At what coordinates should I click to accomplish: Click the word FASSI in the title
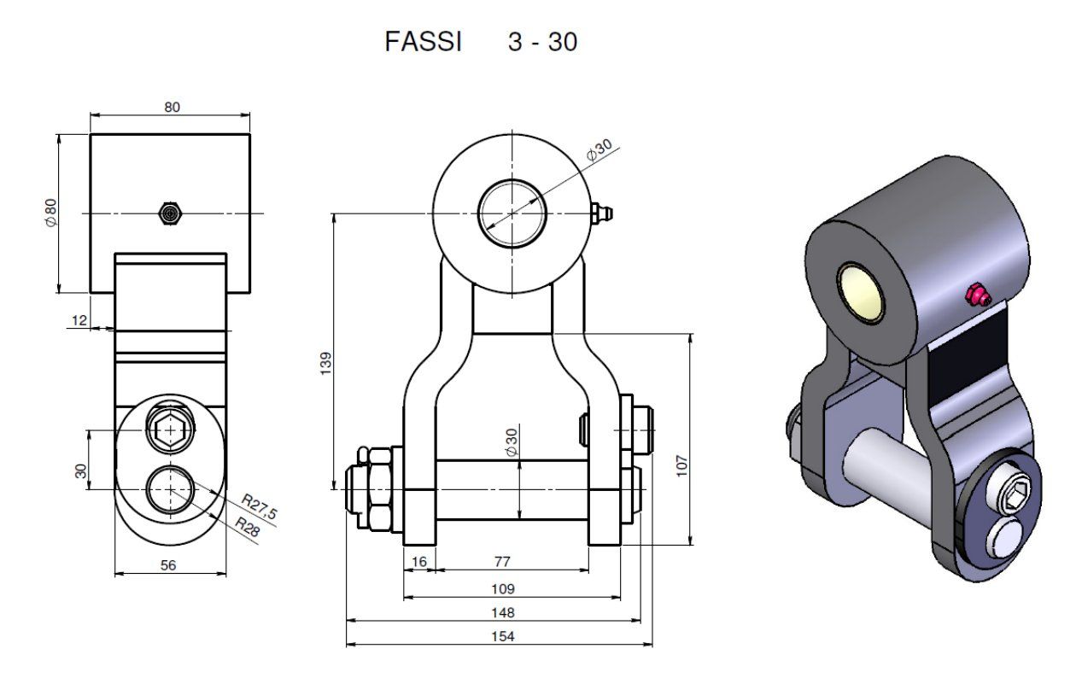point(423,42)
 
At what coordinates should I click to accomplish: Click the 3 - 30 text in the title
point(542,42)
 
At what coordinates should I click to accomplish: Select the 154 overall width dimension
point(503,636)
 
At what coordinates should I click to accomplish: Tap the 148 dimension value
point(503,613)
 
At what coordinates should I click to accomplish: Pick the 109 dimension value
point(503,589)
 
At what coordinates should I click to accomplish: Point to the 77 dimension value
point(502,562)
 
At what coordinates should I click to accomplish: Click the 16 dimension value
point(419,562)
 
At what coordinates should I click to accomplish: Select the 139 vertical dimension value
point(326,363)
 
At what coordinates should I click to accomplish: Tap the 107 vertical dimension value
point(681,466)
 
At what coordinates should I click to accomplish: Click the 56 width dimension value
point(168,565)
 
